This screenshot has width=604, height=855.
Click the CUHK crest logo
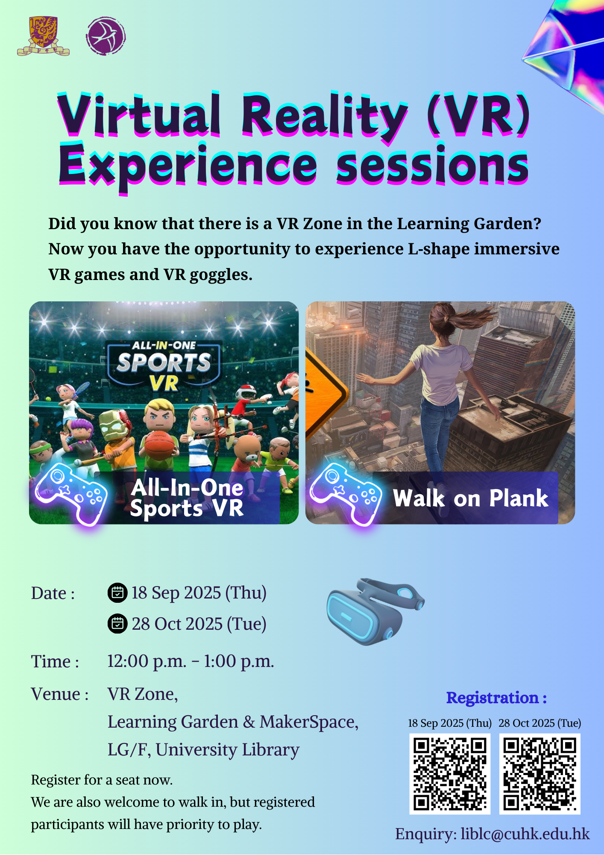coord(43,36)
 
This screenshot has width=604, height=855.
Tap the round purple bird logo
coord(106,36)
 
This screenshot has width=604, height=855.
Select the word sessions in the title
coord(433,165)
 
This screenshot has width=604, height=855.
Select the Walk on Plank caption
coord(471,498)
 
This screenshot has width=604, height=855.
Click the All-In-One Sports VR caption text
coord(187,498)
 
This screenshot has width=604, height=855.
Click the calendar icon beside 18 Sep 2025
coord(117,593)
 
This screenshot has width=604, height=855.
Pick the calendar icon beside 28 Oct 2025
coord(117,624)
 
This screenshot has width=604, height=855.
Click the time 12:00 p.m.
coord(147,661)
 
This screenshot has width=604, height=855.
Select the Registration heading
coord(497,698)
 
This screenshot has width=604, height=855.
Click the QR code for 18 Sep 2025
coord(450,774)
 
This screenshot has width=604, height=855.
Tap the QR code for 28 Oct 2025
coord(540,774)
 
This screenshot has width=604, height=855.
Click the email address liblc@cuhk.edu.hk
coord(525,834)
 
